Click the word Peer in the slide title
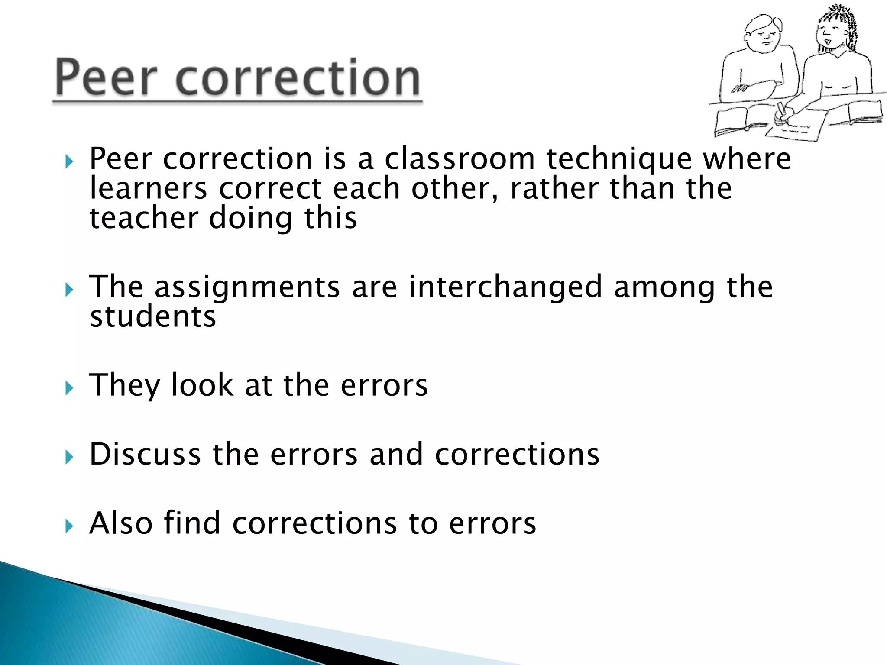pyautogui.click(x=106, y=78)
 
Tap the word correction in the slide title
pyautogui.click(x=298, y=78)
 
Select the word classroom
pyautogui.click(x=460, y=158)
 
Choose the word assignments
pyautogui.click(x=247, y=287)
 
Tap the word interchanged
pyautogui.click(x=505, y=287)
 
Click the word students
pyautogui.click(x=152, y=316)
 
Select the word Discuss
pyautogui.click(x=145, y=454)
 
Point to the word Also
pyautogui.click(x=121, y=523)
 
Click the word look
pyautogui.click(x=202, y=385)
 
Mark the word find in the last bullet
pyautogui.click(x=192, y=523)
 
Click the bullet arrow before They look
pyautogui.click(x=69, y=388)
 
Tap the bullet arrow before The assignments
pyautogui.click(x=69, y=290)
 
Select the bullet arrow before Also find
pyautogui.click(x=69, y=526)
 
